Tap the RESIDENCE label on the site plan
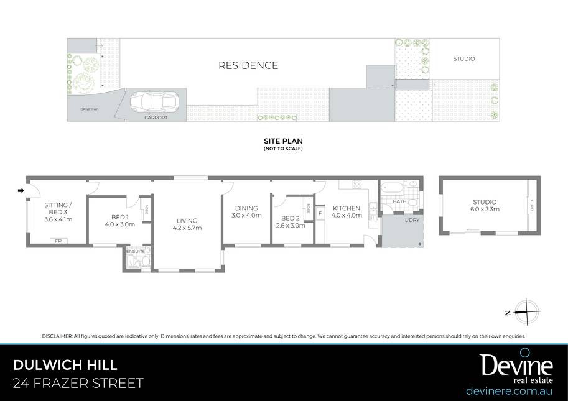coord(248,65)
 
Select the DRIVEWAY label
coord(89,109)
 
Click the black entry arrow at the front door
coord(21,190)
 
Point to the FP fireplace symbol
coord(58,241)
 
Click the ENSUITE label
coord(135,251)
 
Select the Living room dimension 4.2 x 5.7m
coord(187,228)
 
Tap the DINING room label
coord(246,208)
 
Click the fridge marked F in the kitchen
coord(320,213)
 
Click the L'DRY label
coord(412,220)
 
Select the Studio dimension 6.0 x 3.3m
coord(485,209)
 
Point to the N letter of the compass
coord(508,313)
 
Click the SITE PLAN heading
coord(283,141)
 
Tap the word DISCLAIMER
coord(57,336)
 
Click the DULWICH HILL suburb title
coord(65,365)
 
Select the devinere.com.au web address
coord(509,391)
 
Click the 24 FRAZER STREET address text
coord(78,383)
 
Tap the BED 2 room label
coord(290,218)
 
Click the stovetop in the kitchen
coord(357,184)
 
